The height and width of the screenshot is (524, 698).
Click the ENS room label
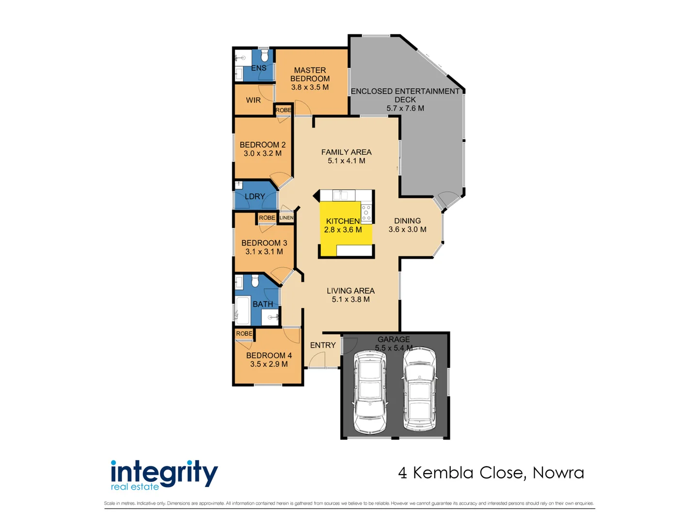click(x=258, y=68)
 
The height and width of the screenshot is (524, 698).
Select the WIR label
click(x=253, y=100)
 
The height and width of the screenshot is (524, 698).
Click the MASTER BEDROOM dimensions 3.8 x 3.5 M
click(x=309, y=87)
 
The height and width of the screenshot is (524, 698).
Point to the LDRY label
click(x=254, y=196)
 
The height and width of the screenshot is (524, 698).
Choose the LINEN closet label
click(x=286, y=218)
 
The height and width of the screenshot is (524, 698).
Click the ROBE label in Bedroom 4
click(x=244, y=333)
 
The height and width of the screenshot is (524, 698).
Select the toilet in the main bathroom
click(x=254, y=281)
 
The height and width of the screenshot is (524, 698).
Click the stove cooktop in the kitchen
click(x=366, y=212)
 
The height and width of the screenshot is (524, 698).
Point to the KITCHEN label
click(x=343, y=221)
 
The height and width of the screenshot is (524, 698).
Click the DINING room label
click(x=407, y=221)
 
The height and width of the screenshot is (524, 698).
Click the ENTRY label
click(x=323, y=345)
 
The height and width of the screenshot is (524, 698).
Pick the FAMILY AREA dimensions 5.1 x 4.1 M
click(x=346, y=161)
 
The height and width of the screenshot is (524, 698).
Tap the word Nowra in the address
click(x=558, y=473)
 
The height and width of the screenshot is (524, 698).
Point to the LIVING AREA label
click(x=350, y=291)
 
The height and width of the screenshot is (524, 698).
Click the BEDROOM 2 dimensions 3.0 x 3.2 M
click(x=262, y=153)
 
